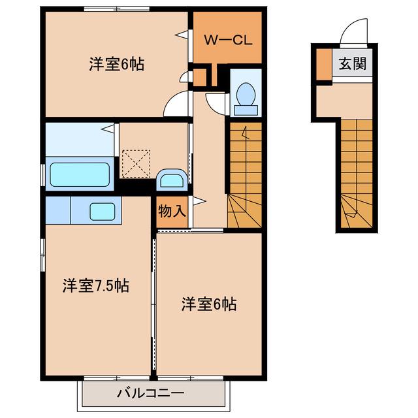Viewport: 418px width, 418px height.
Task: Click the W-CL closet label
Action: pyautogui.click(x=228, y=40)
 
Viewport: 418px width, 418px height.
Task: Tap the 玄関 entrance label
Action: pyautogui.click(x=352, y=64)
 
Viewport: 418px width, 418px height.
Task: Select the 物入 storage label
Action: pyautogui.click(x=172, y=212)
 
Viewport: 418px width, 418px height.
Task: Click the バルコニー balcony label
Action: pyautogui.click(x=151, y=393)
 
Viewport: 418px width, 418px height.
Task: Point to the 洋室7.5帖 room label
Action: pyautogui.click(x=96, y=285)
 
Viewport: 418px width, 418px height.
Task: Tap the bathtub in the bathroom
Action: pyautogui.click(x=80, y=174)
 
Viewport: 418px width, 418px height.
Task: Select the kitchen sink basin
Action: pyautogui.click(x=103, y=212)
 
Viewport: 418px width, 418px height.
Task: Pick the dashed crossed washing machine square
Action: pyautogui.click(x=136, y=164)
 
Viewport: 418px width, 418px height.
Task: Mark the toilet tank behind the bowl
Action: pyautogui.click(x=246, y=110)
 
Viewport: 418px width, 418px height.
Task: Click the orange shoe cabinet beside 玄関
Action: pyautogui.click(x=324, y=64)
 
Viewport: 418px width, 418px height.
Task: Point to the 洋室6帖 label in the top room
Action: pyautogui.click(x=116, y=64)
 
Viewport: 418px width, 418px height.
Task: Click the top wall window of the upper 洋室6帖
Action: pyautogui.click(x=116, y=8)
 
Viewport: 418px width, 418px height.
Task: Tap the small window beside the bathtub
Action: pyautogui.click(x=42, y=174)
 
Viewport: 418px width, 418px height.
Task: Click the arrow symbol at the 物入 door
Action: pyautogui.click(x=199, y=201)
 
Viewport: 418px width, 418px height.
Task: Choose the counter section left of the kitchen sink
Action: pyautogui.click(x=58, y=210)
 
